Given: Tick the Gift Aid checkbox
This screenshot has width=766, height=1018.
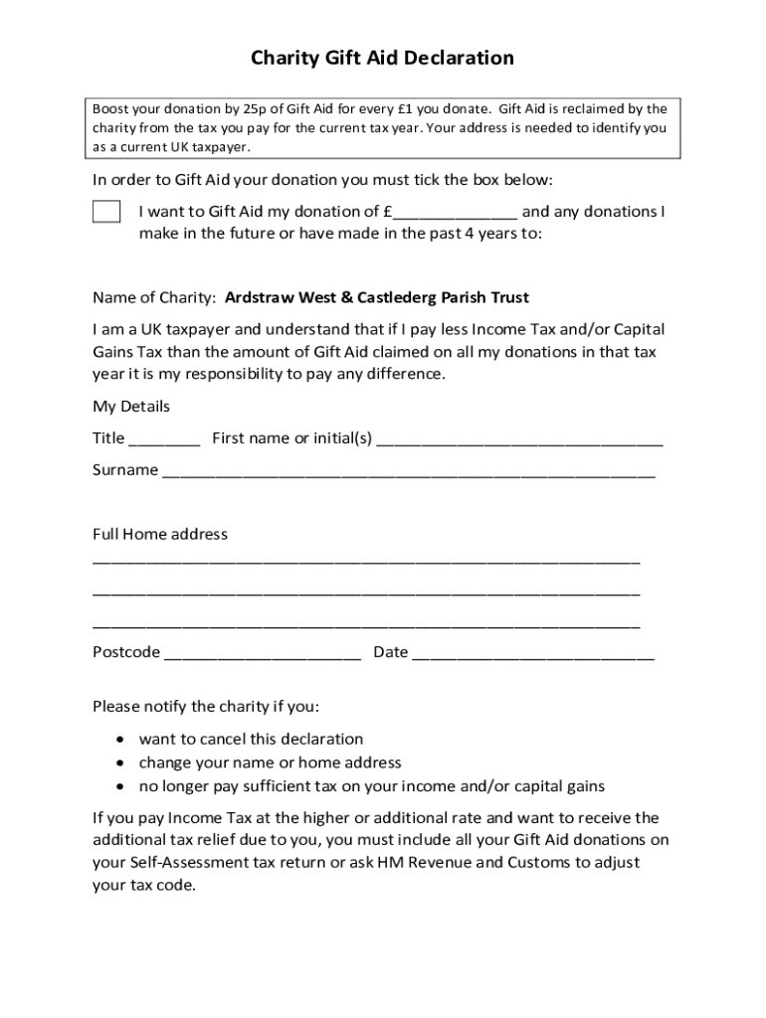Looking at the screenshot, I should [x=106, y=212].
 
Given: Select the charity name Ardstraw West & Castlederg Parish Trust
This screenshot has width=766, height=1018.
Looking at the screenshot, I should [x=377, y=297].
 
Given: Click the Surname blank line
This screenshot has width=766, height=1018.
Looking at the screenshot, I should [x=408, y=471].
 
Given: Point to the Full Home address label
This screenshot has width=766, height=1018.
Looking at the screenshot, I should [x=160, y=534].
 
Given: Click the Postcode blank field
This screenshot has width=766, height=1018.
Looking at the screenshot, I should [x=262, y=654].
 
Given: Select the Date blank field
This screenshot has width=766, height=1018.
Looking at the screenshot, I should [x=532, y=654].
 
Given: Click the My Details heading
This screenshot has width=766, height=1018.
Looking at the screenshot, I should [x=131, y=407].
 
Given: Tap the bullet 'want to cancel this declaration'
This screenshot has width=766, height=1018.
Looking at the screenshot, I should [x=251, y=739].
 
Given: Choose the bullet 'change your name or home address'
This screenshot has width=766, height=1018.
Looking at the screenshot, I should [x=270, y=763].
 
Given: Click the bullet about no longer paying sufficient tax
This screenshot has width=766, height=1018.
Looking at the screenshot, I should [x=371, y=786].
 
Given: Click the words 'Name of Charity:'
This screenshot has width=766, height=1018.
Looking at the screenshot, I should [x=154, y=297].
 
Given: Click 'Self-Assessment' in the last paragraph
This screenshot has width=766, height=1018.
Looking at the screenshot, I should [x=186, y=862].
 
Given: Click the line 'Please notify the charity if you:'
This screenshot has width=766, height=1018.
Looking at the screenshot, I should [x=205, y=707].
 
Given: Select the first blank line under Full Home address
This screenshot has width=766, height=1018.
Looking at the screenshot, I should [x=366, y=562].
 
